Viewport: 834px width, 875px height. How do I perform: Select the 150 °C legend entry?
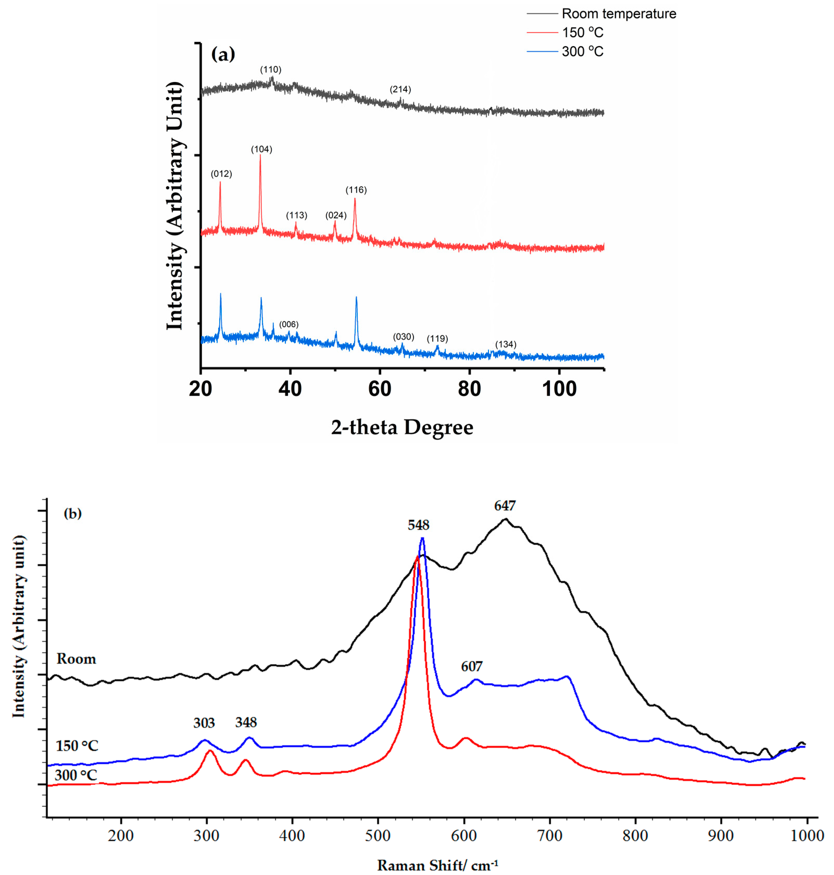[582, 33]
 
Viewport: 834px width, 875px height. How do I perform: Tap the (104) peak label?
[261, 149]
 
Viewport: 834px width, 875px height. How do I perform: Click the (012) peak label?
[221, 174]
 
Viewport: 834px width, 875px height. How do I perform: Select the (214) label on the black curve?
[400, 89]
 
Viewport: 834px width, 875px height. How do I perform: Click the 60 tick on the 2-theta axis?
[380, 389]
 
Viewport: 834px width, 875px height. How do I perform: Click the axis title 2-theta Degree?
[402, 428]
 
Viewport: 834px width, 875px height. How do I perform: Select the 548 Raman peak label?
[418, 526]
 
